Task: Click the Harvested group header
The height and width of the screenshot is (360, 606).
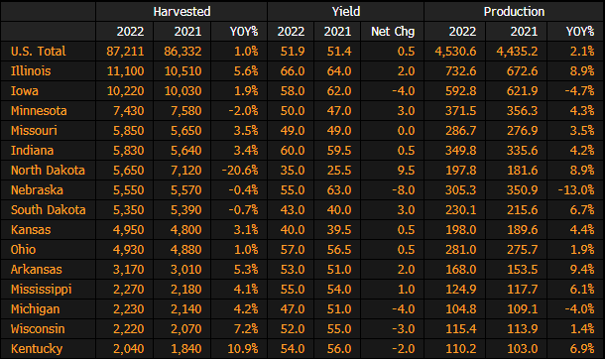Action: [x=182, y=12]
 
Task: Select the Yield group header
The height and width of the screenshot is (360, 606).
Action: [x=346, y=12]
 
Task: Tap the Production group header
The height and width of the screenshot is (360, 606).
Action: [x=514, y=12]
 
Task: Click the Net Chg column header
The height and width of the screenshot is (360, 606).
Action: [x=393, y=32]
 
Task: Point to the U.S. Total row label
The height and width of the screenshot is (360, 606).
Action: [x=39, y=52]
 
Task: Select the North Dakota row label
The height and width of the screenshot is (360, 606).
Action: [x=48, y=171]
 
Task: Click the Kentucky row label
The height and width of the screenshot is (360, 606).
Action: [x=37, y=349]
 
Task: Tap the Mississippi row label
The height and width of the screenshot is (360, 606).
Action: [x=42, y=290]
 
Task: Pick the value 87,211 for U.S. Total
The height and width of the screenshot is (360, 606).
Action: [x=125, y=52]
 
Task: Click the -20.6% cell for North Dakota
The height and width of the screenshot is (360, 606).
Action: [x=240, y=171]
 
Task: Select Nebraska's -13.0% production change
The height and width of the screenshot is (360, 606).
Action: [x=576, y=190]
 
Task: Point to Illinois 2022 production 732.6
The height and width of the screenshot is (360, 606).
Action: [x=460, y=71]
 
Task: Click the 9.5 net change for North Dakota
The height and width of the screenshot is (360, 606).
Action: [x=406, y=171]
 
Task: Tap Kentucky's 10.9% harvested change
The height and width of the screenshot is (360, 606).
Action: [x=243, y=349]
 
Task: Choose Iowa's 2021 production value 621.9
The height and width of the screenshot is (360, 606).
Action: [x=522, y=91]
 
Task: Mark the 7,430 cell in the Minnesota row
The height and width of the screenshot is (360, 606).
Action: [x=128, y=111]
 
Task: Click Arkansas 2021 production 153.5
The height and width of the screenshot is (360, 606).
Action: [x=522, y=269]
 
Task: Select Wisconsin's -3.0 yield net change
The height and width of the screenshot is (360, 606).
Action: [x=403, y=328]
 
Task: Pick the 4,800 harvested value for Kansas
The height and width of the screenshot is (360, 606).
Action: [x=185, y=230]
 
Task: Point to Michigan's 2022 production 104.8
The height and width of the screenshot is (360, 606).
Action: [x=460, y=309]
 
